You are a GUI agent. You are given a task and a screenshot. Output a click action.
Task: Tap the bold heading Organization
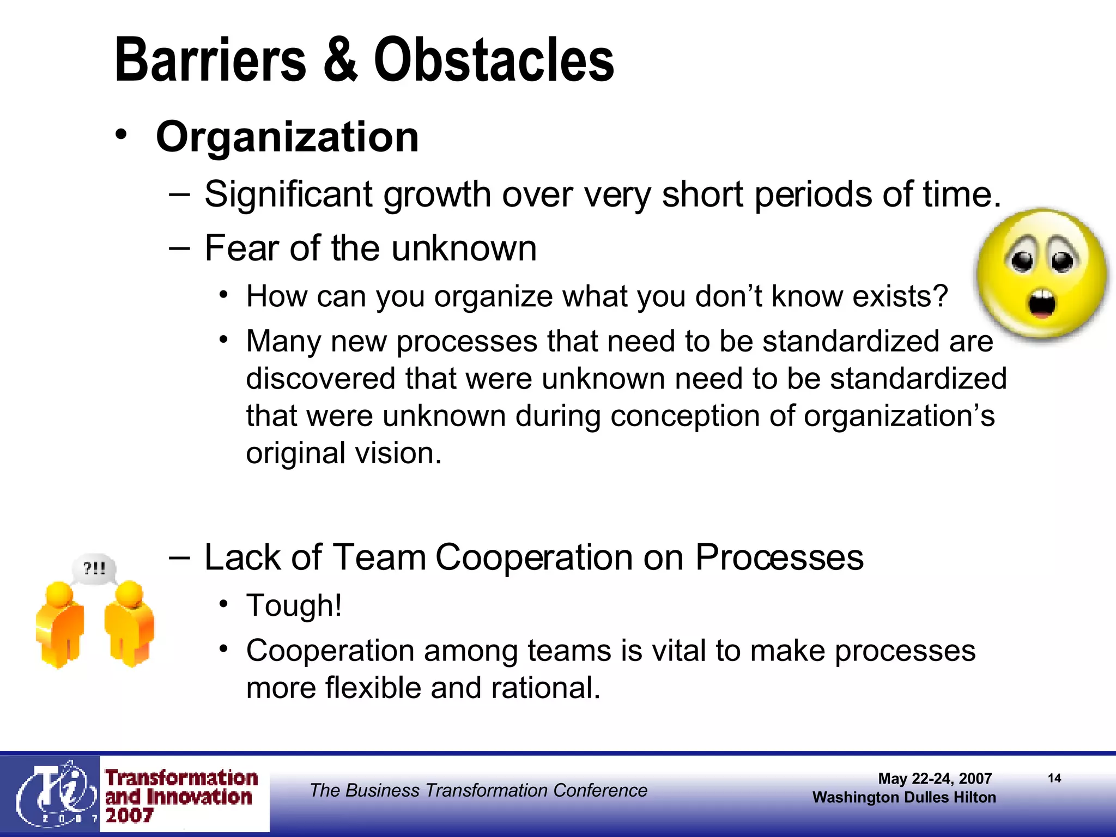click(x=287, y=137)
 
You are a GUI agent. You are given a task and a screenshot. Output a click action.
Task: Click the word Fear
click(x=241, y=248)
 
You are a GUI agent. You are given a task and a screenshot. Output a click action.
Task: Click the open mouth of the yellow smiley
click(x=1041, y=304)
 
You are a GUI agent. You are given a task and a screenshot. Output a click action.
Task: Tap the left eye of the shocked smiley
click(x=1022, y=259)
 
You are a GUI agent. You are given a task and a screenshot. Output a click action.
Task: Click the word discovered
click(x=320, y=379)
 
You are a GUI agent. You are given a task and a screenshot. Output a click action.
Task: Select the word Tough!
click(x=294, y=606)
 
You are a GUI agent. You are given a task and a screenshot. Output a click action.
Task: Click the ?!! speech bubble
click(x=94, y=569)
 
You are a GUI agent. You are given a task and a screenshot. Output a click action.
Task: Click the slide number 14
click(x=1054, y=778)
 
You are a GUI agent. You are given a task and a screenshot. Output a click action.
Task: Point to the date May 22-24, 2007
click(x=935, y=779)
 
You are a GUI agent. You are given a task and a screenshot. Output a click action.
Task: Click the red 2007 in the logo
click(x=129, y=816)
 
